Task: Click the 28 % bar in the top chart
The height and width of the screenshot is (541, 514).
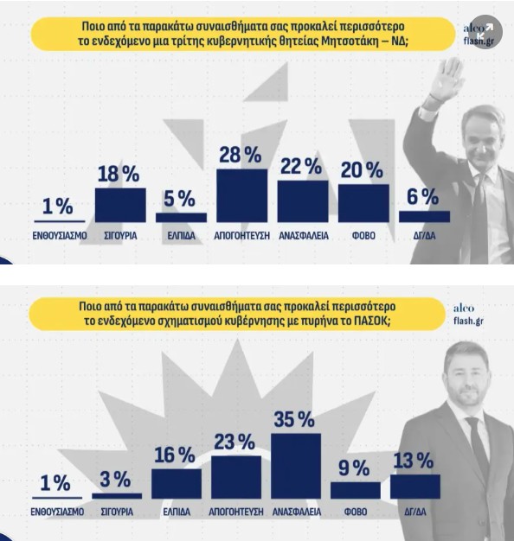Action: (x=241, y=195)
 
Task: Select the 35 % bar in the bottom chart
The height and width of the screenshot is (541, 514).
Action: (x=296, y=466)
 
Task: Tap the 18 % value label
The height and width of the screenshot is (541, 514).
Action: (x=119, y=174)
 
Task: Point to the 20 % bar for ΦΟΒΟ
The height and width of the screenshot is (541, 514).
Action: (x=363, y=203)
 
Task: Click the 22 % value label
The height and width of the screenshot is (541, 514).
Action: (x=301, y=166)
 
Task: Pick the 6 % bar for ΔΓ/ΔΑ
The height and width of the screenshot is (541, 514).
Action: (x=425, y=216)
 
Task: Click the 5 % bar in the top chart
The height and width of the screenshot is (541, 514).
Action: (x=181, y=218)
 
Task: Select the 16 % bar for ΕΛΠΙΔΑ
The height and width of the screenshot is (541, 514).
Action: (x=177, y=484)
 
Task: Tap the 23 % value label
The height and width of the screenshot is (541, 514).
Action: (x=235, y=442)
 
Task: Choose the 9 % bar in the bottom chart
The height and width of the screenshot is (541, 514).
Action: (x=356, y=490)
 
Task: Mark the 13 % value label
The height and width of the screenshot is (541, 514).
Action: (x=413, y=461)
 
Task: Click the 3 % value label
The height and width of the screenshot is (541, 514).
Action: (x=115, y=480)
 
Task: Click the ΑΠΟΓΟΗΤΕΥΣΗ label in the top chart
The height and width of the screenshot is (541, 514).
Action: (x=241, y=236)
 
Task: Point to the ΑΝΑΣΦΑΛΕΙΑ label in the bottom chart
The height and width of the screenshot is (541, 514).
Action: (x=297, y=512)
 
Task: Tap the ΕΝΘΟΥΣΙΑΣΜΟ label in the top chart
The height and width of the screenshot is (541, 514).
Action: (x=60, y=236)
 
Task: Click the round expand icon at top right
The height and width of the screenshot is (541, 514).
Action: (x=485, y=32)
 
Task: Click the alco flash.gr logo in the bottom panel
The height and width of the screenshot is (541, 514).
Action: (x=468, y=315)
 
